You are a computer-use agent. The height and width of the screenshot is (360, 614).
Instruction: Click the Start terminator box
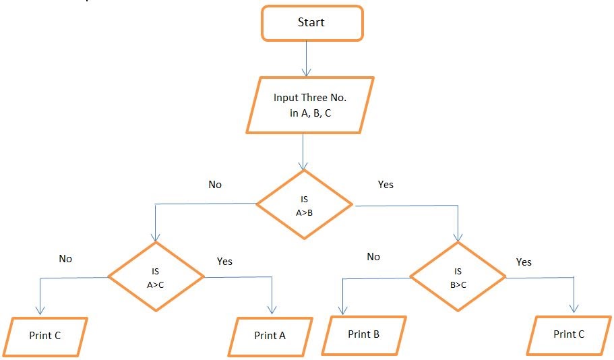311,23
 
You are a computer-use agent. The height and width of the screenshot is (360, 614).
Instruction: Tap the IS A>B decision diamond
304,204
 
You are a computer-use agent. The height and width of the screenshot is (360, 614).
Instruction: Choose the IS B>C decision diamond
458,276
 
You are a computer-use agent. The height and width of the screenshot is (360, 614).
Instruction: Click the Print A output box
270,336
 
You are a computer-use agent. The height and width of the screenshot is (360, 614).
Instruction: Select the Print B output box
364,334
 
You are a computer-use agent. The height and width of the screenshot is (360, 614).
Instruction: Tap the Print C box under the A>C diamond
45,336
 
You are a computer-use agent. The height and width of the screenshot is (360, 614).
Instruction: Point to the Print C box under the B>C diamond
569,334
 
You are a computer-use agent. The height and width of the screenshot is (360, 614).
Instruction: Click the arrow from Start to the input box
307,59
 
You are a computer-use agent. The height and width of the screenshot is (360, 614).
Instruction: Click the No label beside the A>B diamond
215,184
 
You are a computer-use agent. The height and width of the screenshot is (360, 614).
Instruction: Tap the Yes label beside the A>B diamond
386,184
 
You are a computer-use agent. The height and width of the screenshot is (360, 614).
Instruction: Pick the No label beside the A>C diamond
65,258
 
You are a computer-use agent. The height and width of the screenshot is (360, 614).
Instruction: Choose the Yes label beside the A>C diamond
224,261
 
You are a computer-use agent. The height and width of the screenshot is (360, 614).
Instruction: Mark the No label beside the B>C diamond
373,257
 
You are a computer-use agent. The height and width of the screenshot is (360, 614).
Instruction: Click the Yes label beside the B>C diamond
524,262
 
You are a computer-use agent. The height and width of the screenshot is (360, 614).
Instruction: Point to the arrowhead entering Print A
272,309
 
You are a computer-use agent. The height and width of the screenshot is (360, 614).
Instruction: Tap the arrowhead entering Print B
343,309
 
